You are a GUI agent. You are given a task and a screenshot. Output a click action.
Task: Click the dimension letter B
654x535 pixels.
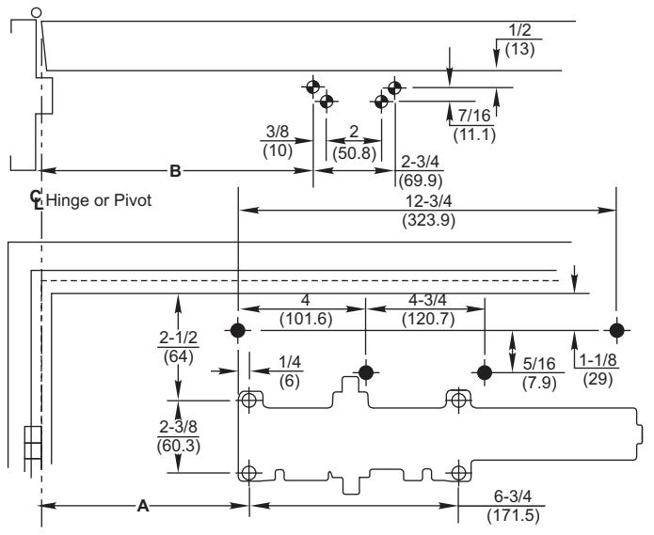[176, 171]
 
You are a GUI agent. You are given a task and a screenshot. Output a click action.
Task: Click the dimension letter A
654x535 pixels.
[143, 506]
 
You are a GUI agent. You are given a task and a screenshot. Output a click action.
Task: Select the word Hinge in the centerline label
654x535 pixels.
[68, 200]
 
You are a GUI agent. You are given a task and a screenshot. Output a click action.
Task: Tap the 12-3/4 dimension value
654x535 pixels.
[429, 201]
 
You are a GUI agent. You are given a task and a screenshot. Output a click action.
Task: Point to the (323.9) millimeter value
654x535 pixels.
[429, 220]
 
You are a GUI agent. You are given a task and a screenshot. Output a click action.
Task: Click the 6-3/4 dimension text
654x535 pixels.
[513, 496]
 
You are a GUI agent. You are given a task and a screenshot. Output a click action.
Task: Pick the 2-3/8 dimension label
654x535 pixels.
[179, 427]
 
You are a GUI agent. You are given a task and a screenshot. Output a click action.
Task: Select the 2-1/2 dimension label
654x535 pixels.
[179, 338]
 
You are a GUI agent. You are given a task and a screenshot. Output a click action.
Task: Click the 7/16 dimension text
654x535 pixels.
[474, 116]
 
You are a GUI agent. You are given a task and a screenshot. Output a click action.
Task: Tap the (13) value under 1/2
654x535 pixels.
[519, 49]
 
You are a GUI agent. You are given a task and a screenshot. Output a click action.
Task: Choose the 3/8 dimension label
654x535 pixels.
[278, 132]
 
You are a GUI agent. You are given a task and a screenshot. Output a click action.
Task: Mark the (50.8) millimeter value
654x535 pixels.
[354, 153]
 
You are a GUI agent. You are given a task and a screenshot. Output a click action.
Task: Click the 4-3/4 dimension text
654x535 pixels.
[427, 300]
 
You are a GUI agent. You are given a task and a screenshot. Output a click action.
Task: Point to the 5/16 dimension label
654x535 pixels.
[539, 364]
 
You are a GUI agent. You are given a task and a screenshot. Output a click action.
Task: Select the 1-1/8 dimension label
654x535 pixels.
[598, 360]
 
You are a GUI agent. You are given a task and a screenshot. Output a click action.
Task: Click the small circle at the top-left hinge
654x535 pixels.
[37, 12]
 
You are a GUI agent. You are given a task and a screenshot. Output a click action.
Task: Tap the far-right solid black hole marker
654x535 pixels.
[617, 330]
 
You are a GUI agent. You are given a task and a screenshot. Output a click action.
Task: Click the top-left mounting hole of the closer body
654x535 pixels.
[249, 401]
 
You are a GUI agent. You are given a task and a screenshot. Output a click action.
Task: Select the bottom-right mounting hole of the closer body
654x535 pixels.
[458, 473]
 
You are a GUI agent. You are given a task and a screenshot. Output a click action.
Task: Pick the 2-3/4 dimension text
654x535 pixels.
[421, 162]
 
